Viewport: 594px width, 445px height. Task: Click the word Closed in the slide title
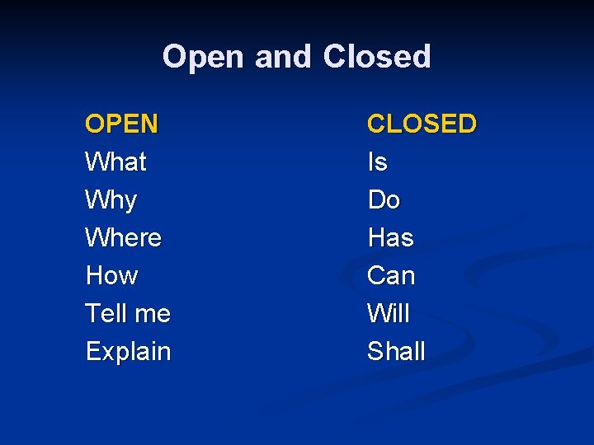click(377, 57)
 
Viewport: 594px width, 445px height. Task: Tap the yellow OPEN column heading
click(121, 124)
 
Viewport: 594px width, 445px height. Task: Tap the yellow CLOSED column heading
click(422, 124)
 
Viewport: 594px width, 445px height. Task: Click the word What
click(115, 162)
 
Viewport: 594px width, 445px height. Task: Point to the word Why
click(111, 200)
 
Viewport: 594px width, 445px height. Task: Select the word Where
click(123, 238)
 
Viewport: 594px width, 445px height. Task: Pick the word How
click(111, 276)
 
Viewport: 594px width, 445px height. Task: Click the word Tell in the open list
click(105, 314)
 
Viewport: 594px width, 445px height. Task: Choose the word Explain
click(128, 352)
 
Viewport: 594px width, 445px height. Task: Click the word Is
click(377, 162)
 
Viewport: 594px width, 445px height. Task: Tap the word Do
click(384, 200)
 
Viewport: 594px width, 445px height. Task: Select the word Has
click(390, 238)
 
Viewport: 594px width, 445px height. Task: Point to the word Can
click(391, 276)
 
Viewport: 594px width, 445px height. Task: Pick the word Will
click(388, 314)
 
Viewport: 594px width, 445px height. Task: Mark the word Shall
click(396, 352)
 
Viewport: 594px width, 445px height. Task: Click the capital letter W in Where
click(96, 238)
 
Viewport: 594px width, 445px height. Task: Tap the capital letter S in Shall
click(375, 352)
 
